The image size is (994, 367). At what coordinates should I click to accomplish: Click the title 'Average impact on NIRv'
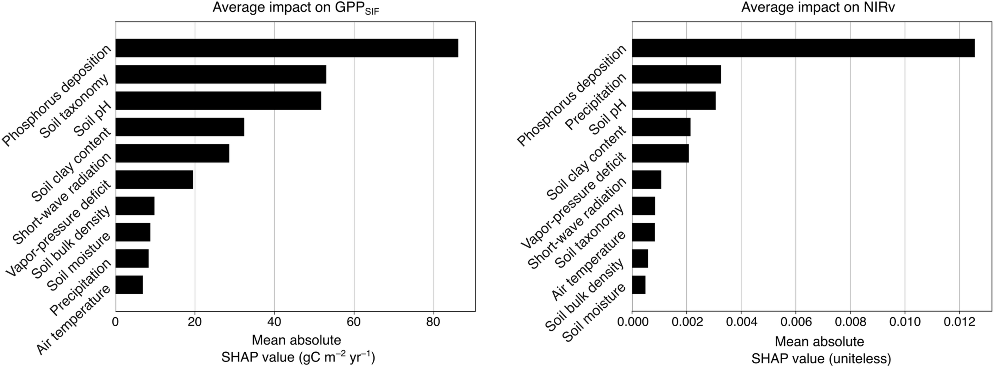tap(818, 8)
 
